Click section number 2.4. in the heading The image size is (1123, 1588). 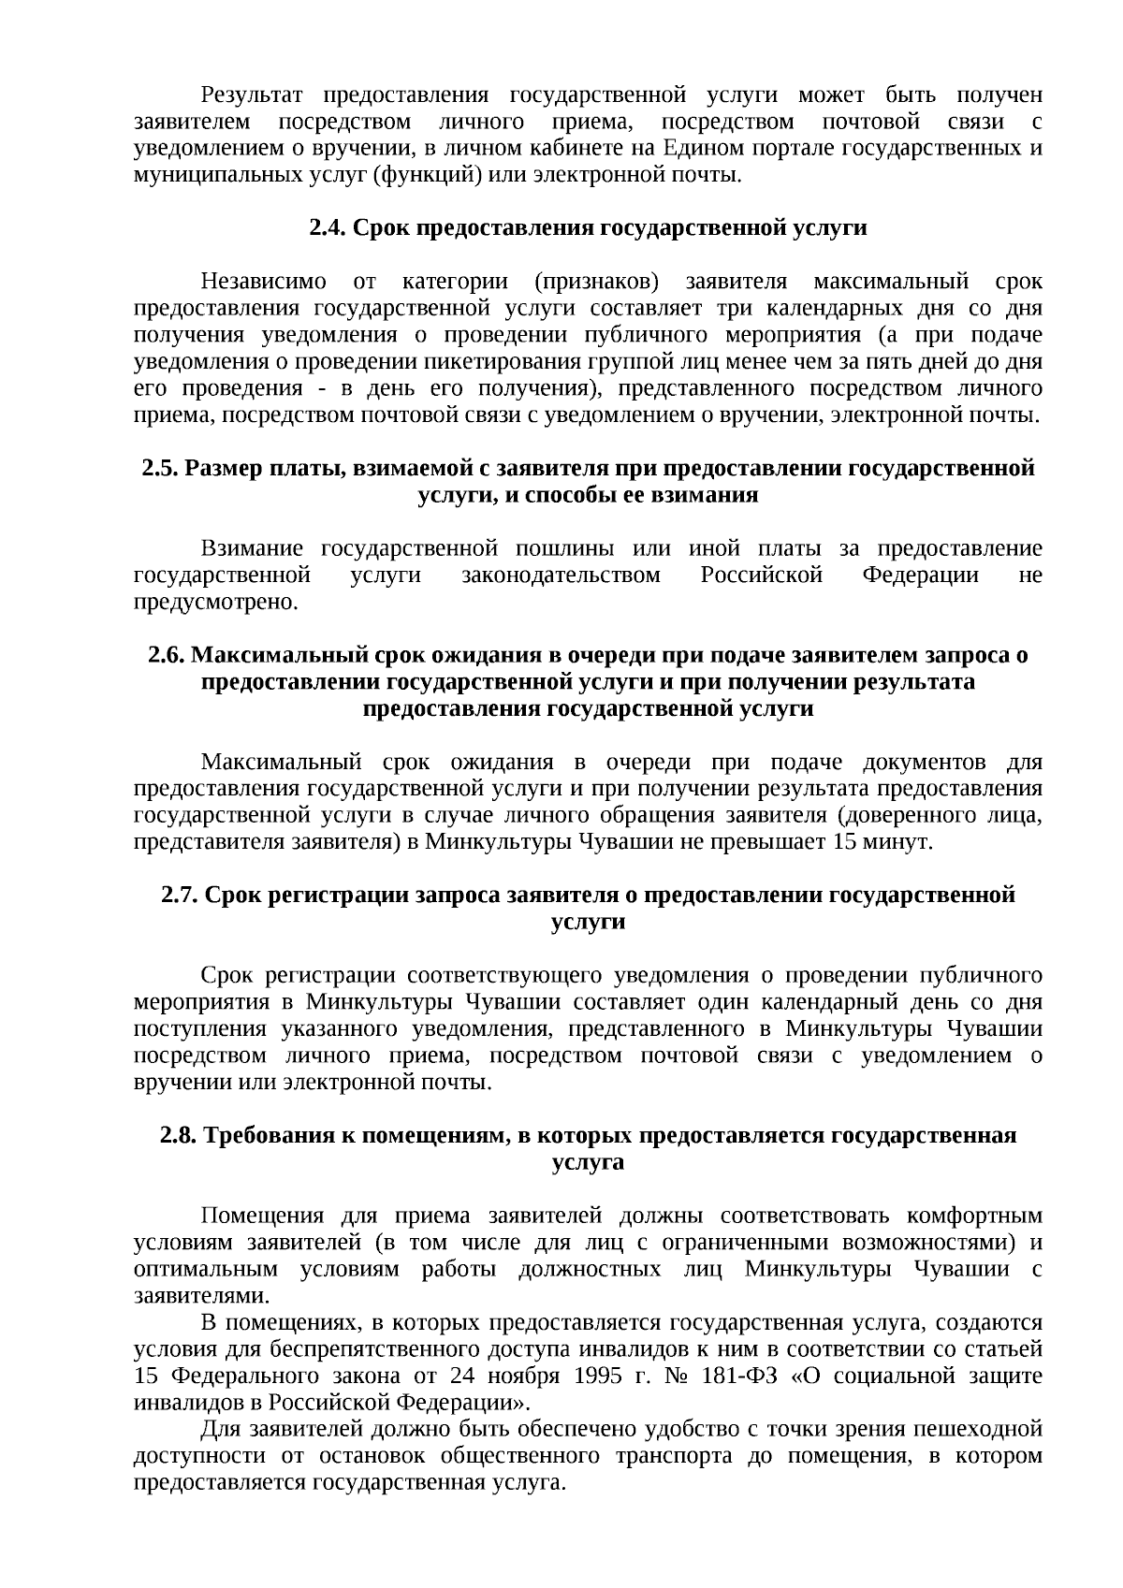coord(328,228)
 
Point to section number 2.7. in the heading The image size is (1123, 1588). coord(180,896)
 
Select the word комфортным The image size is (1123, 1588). coord(974,1216)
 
